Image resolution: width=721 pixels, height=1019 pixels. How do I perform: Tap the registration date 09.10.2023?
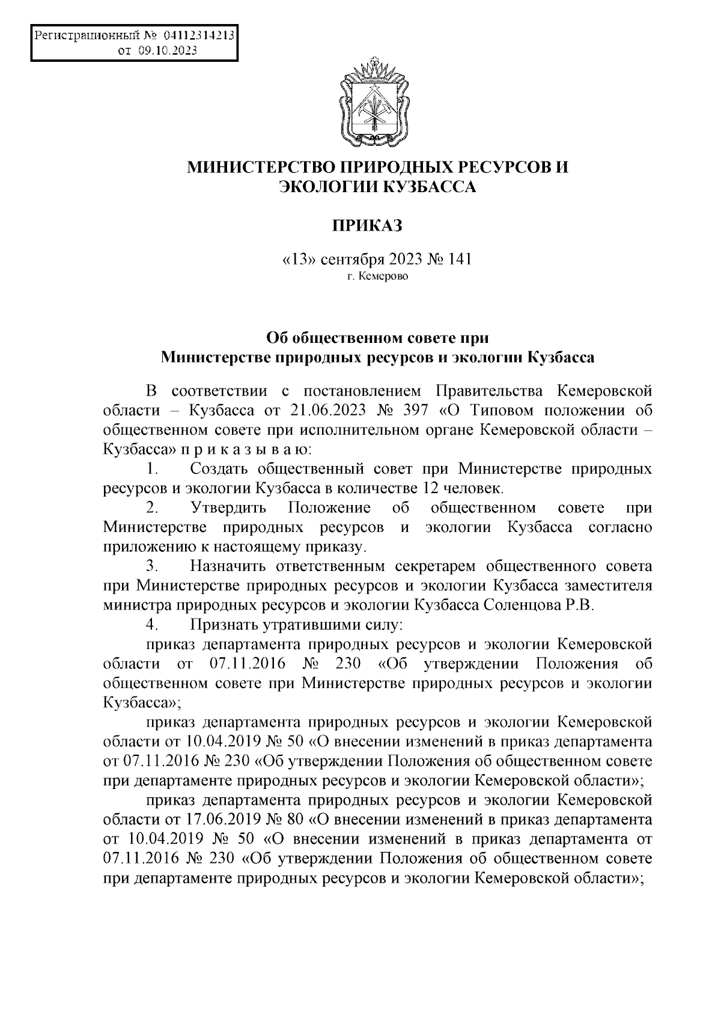click(167, 52)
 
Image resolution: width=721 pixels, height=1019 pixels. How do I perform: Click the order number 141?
click(459, 259)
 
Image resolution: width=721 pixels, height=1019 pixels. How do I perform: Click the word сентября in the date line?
click(351, 259)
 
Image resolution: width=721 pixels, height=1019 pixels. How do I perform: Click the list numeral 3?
click(152, 566)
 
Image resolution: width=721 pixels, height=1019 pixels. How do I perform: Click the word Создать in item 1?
click(222, 468)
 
